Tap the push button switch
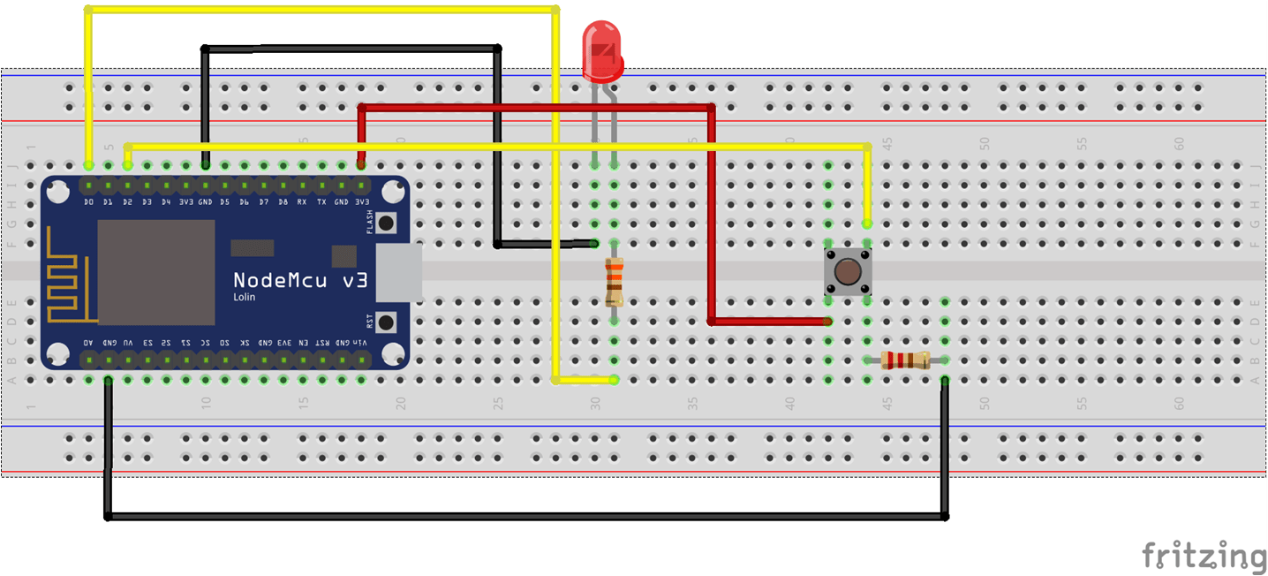pos(848,272)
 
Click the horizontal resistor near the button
pos(905,360)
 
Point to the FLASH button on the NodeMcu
pos(387,223)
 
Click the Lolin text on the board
pos(244,297)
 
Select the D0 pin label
pos(88,202)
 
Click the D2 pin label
pos(127,202)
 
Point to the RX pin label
pos(302,202)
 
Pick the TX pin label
pos(321,202)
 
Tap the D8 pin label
pos(283,202)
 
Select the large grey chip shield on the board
pos(155,272)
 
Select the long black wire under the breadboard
pos(530,516)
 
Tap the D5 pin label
pos(224,202)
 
